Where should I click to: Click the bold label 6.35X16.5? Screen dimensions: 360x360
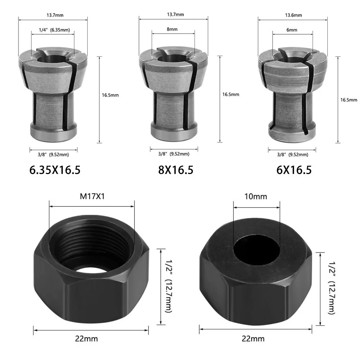(55, 170)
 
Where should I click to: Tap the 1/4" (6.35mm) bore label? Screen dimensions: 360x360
(53, 31)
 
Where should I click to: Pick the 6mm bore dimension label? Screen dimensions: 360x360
(292, 31)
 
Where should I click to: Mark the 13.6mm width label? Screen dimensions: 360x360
(293, 15)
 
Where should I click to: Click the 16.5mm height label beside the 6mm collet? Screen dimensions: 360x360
(348, 100)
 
